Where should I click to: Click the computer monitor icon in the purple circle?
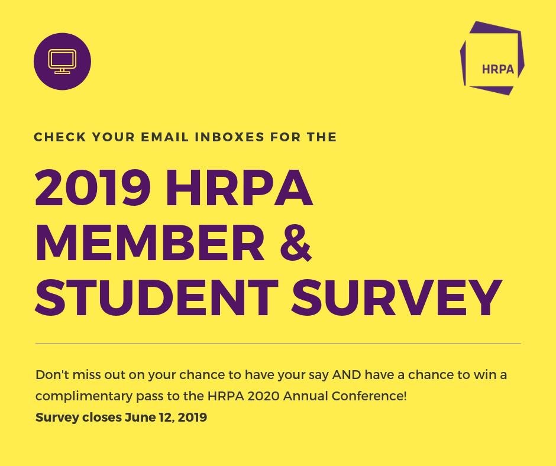(62, 62)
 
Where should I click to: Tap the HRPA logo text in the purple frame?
(498, 69)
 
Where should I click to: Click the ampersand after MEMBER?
(295, 243)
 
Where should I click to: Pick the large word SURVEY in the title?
(396, 297)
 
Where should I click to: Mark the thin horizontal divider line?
(278, 344)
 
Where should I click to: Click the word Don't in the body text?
(50, 375)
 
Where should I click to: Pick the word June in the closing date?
(139, 418)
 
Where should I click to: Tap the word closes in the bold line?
(102, 418)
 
